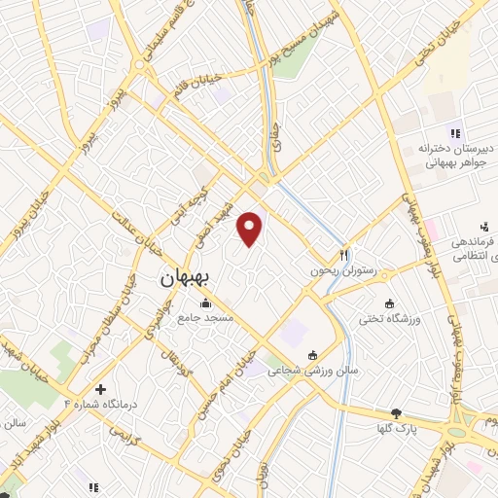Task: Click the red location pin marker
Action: point(251,230)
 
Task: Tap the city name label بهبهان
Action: point(190,278)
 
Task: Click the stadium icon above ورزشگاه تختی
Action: point(390,302)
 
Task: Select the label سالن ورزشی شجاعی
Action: point(311,371)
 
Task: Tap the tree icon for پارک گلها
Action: point(394,413)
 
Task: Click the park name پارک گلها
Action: point(399,428)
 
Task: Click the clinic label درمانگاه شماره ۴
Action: point(104,402)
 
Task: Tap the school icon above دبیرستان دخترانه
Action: point(452,133)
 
